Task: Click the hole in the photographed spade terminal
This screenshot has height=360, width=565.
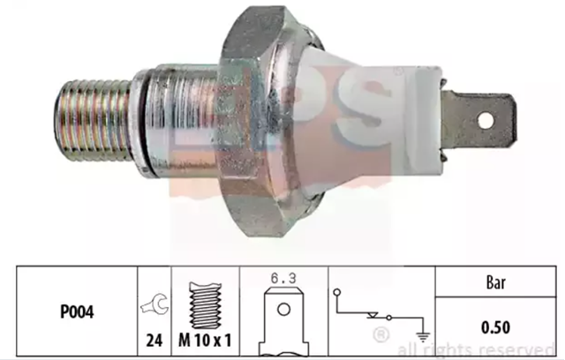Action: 486,120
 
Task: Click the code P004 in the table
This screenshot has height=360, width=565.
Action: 77,311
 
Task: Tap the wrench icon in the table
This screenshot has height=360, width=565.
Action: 154,306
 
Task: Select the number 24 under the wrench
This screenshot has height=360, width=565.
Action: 154,340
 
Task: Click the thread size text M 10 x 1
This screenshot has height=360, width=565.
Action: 205,340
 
